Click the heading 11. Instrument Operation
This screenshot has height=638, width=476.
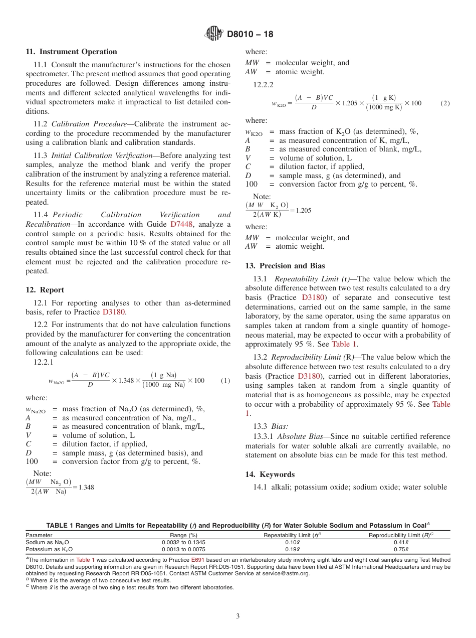71,52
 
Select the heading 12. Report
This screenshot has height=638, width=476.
45,290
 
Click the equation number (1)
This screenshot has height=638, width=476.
225,381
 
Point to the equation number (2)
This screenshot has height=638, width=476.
445,103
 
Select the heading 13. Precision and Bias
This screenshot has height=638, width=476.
285,266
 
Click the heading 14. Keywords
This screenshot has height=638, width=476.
270,474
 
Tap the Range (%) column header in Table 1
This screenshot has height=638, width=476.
183,535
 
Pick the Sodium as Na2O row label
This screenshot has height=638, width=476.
48,542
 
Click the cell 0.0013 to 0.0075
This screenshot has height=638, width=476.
183,549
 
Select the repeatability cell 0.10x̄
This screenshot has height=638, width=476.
292,542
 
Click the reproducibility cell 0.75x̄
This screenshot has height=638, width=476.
401,549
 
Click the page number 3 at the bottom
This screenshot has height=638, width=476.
238,616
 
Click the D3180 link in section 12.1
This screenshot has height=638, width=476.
114,311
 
